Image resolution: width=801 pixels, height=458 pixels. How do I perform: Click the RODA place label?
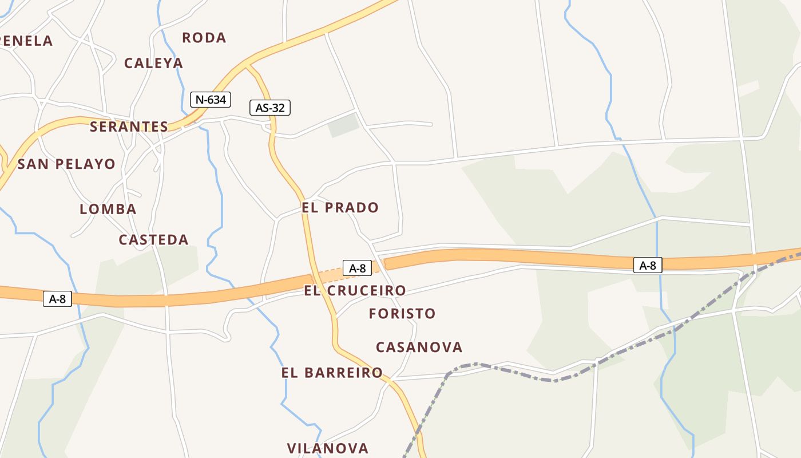(x=204, y=38)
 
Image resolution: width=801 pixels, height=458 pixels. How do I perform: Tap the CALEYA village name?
(x=153, y=63)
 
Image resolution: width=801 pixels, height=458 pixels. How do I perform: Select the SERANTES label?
(x=129, y=127)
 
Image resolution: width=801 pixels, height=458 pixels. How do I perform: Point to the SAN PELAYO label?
(x=66, y=164)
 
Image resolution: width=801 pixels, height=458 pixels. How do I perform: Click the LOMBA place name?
(x=108, y=209)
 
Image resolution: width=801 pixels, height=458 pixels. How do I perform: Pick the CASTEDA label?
(x=153, y=240)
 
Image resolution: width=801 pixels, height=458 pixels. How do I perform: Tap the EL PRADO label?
(x=340, y=207)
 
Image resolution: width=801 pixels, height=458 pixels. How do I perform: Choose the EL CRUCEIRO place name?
(x=355, y=291)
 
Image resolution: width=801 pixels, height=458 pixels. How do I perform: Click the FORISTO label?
(x=402, y=314)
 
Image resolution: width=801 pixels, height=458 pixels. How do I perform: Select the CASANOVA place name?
(x=419, y=348)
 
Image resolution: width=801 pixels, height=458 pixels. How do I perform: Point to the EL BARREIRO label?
(x=332, y=373)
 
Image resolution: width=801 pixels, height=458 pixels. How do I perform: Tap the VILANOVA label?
(x=328, y=448)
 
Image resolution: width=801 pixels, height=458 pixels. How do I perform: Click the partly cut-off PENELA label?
(x=26, y=41)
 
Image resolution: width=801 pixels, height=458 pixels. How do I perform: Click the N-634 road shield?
(x=211, y=100)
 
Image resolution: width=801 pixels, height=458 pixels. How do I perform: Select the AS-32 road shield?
(x=270, y=108)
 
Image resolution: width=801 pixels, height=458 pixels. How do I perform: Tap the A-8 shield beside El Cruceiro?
(x=357, y=268)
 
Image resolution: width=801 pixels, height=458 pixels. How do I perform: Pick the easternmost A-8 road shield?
(x=648, y=265)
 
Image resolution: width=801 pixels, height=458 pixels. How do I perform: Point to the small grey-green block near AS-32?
(x=344, y=125)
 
